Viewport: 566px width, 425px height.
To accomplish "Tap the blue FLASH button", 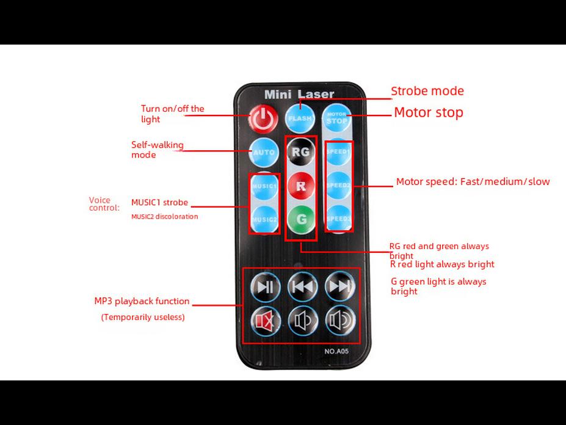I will point(300,118).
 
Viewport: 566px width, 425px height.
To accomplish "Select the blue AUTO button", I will point(264,152).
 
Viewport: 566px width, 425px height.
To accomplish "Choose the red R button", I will point(300,186).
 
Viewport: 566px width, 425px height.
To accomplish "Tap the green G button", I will point(300,218).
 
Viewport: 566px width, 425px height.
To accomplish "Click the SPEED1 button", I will point(338,151).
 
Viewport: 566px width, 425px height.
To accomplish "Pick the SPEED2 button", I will point(338,185).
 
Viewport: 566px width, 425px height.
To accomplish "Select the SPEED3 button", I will point(338,218).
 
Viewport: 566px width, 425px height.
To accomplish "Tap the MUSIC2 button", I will point(264,219).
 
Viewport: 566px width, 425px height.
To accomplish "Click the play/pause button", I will point(265,286).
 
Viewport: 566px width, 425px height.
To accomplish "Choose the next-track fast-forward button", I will point(340,286).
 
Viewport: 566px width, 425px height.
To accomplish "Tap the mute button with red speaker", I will point(265,320).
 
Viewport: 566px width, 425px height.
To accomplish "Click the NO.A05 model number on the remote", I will point(336,351).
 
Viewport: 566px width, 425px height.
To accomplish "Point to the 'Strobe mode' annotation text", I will point(427,91).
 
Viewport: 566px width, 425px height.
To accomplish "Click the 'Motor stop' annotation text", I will point(429,112).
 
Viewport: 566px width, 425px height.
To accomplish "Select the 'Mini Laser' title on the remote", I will point(299,95).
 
